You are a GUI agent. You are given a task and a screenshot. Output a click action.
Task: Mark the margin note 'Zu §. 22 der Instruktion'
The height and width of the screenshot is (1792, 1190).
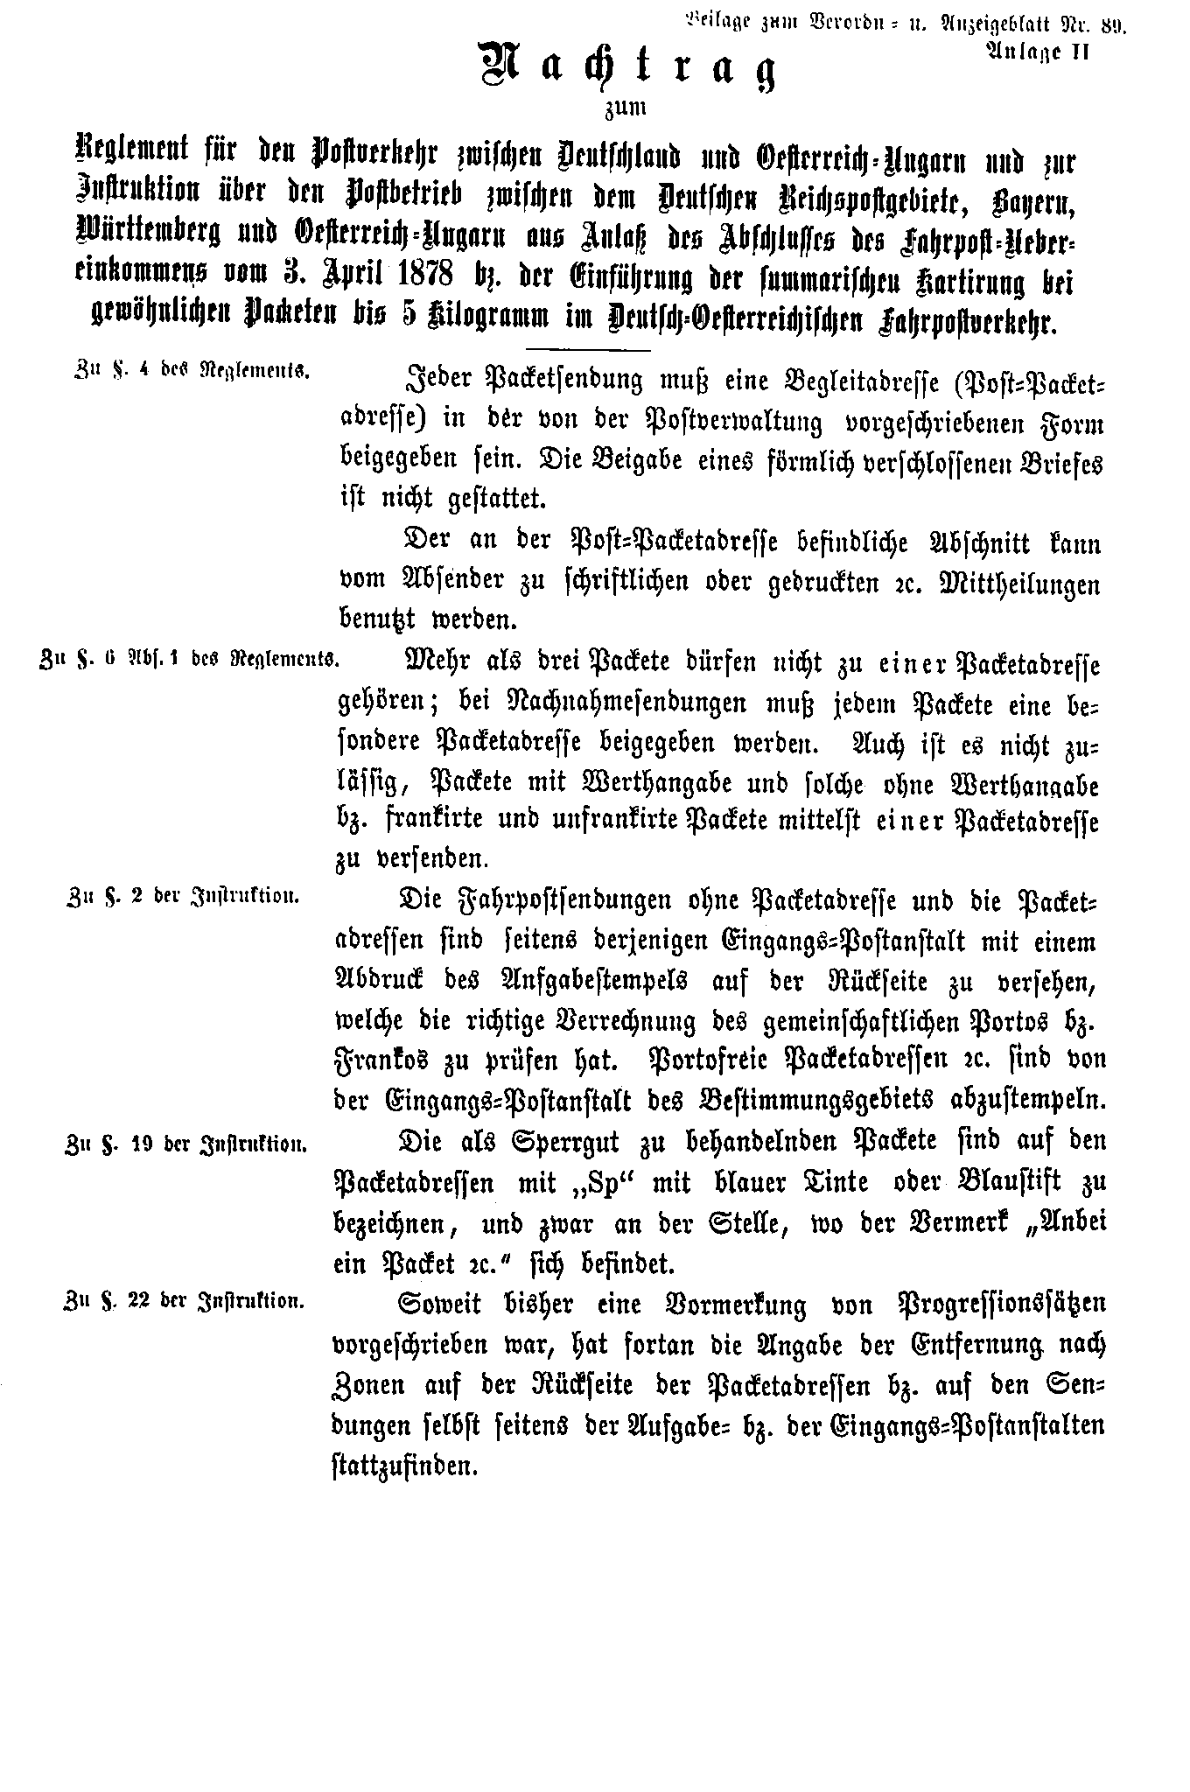point(184,1301)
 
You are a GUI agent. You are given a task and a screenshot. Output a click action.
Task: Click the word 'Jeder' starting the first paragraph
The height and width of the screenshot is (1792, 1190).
point(429,381)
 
